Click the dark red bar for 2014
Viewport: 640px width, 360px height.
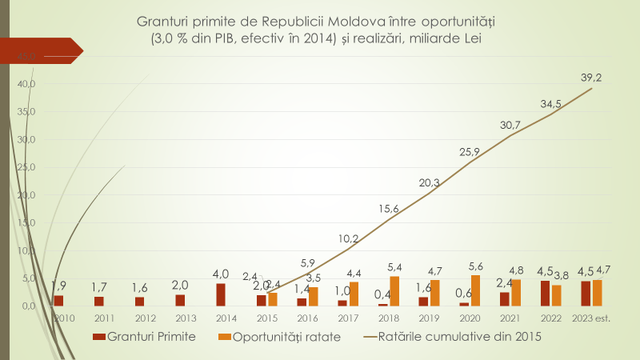click(x=220, y=294)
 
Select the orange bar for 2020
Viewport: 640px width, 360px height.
click(x=475, y=290)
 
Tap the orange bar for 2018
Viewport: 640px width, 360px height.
click(x=394, y=291)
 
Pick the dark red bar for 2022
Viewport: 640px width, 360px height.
click(x=546, y=293)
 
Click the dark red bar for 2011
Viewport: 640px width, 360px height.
click(x=98, y=301)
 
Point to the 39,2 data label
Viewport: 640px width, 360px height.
click(x=592, y=78)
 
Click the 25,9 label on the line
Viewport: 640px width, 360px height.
click(x=470, y=152)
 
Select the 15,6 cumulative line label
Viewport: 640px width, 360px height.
click(x=389, y=209)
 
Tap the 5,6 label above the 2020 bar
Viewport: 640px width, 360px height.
click(x=477, y=266)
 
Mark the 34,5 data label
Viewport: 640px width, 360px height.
click(x=551, y=104)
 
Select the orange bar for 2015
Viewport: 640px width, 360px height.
click(x=273, y=298)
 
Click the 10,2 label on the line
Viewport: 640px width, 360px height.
click(x=348, y=238)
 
